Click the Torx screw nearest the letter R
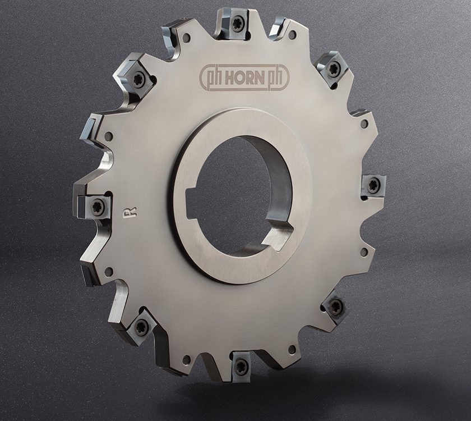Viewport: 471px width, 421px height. point(98,207)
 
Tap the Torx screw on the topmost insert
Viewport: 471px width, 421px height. point(238,24)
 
